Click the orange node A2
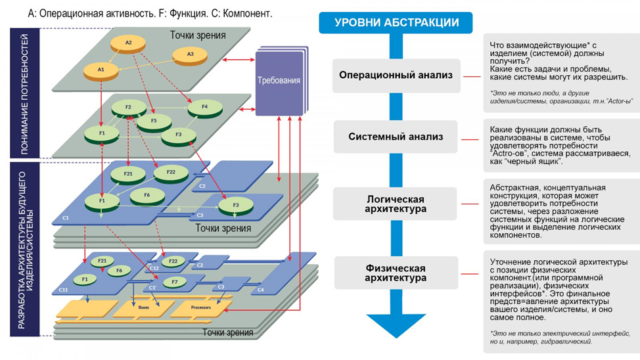(x=129, y=43)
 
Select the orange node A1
(x=101, y=68)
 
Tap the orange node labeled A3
(x=190, y=54)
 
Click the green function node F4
(x=204, y=107)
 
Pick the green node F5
(x=154, y=121)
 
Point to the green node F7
(x=174, y=282)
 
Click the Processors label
(x=200, y=307)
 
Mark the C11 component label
(x=64, y=290)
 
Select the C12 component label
(x=154, y=268)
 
